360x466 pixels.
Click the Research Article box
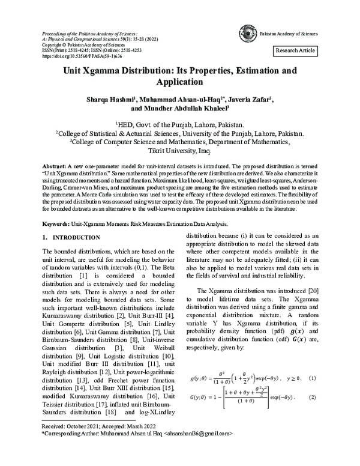click(295, 51)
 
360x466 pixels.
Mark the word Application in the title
click(180, 82)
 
